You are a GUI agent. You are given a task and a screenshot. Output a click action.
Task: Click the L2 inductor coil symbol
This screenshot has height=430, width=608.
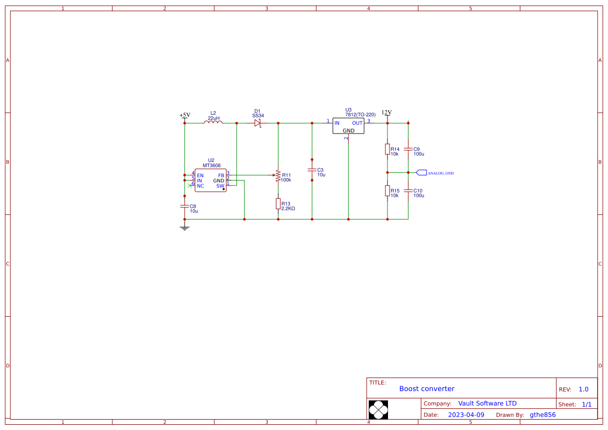(213, 123)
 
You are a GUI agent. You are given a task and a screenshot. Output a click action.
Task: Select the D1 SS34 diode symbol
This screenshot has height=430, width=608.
(257, 123)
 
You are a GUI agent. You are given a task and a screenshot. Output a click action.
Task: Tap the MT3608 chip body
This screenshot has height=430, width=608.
(211, 180)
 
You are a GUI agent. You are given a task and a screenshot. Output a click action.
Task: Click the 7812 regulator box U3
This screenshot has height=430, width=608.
(348, 126)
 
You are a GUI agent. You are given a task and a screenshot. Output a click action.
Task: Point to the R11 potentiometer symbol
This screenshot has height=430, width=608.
(278, 176)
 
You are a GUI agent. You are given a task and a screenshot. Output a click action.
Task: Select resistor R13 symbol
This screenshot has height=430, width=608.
(278, 204)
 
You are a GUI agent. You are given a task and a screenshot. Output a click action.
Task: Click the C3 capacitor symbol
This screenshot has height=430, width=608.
(312, 170)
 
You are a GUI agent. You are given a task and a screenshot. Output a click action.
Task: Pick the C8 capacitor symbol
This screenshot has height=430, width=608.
(184, 206)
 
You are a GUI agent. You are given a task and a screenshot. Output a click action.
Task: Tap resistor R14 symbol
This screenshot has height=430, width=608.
(387, 149)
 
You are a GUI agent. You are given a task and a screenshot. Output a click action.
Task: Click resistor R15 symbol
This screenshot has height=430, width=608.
(387, 191)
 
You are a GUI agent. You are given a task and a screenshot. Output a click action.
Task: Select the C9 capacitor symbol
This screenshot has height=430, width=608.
(408, 149)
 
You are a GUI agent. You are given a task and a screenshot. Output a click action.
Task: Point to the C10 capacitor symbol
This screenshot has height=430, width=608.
(408, 191)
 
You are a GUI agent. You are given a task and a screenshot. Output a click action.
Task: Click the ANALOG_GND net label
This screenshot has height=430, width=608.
(440, 173)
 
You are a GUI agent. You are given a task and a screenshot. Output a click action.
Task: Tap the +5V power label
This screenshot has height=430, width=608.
(185, 115)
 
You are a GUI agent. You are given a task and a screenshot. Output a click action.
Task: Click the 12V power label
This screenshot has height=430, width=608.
(386, 113)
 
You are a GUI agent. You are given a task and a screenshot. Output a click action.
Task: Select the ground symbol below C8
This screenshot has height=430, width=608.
(184, 227)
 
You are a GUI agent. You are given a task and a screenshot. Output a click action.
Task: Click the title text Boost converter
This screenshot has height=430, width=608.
(426, 388)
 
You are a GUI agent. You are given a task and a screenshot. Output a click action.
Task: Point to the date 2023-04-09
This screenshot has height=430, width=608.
(466, 415)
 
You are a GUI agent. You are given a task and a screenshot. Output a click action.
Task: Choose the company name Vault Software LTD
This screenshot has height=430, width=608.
(487, 404)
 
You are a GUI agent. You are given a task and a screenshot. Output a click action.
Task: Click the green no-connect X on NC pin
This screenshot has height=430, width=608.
(190, 185)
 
